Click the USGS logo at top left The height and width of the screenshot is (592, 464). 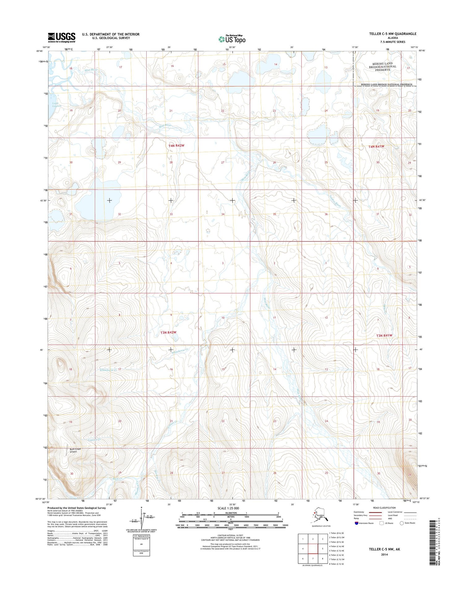pyautogui.click(x=61, y=37)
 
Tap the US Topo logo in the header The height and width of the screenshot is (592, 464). pyautogui.click(x=232, y=39)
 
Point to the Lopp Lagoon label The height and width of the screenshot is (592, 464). pyautogui.click(x=56, y=105)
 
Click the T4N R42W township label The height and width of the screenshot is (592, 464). pyautogui.click(x=176, y=146)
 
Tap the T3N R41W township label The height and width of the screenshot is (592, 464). pyautogui.click(x=384, y=336)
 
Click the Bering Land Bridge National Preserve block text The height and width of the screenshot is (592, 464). pyautogui.click(x=382, y=67)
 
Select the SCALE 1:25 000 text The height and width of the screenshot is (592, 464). pyautogui.click(x=228, y=508)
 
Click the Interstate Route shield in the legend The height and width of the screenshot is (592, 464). pyautogui.click(x=356, y=523)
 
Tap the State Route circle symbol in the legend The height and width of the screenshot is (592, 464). pyautogui.click(x=402, y=523)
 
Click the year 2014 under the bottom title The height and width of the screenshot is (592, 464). pyautogui.click(x=384, y=555)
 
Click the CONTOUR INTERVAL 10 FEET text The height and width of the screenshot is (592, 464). pyautogui.click(x=230, y=535)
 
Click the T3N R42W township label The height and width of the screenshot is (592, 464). pyautogui.click(x=168, y=333)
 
